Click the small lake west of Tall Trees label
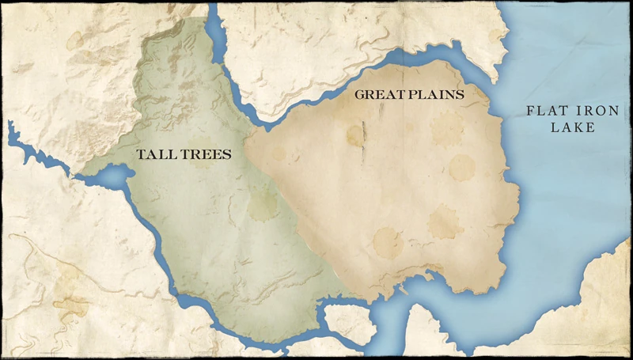click(x=112, y=176)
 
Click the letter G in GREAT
click(x=359, y=94)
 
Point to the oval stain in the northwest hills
click(x=74, y=40)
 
